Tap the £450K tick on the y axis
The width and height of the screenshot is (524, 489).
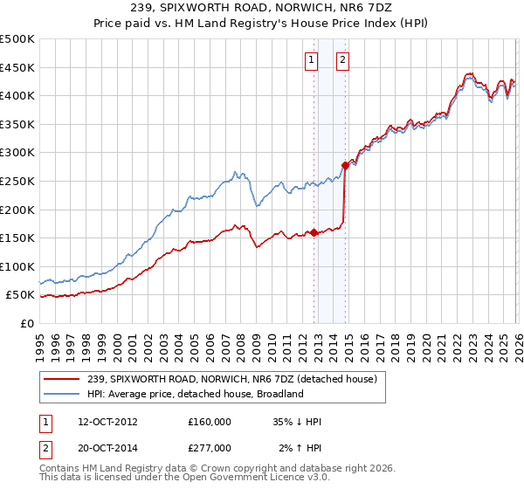(x=17, y=67)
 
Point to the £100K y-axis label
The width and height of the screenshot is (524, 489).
(x=17, y=266)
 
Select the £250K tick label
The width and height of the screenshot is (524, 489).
(x=17, y=181)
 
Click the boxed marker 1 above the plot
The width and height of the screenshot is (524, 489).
(x=312, y=60)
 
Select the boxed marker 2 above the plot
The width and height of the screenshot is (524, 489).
(x=342, y=60)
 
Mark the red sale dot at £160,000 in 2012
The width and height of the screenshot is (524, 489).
(x=314, y=232)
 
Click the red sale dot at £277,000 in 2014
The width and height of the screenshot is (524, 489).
(x=345, y=165)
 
